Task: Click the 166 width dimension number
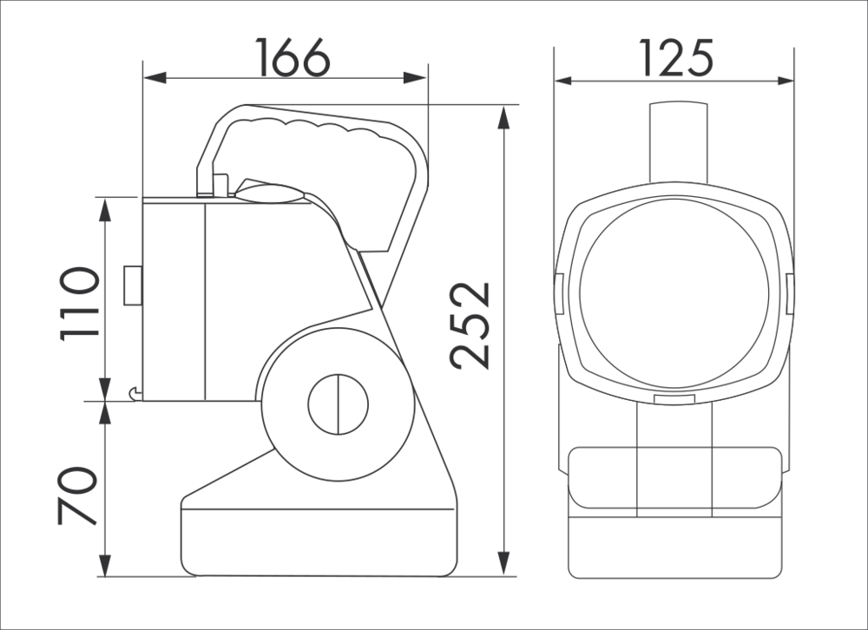[x=293, y=57]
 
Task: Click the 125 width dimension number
[x=676, y=57]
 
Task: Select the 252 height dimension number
[x=470, y=325]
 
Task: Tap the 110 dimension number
[x=80, y=304]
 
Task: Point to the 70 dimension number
[x=77, y=496]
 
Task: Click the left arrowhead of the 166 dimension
[x=155, y=78]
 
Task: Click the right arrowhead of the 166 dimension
[x=415, y=78]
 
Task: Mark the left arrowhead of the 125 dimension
[x=566, y=81]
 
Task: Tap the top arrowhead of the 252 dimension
[x=503, y=117]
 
